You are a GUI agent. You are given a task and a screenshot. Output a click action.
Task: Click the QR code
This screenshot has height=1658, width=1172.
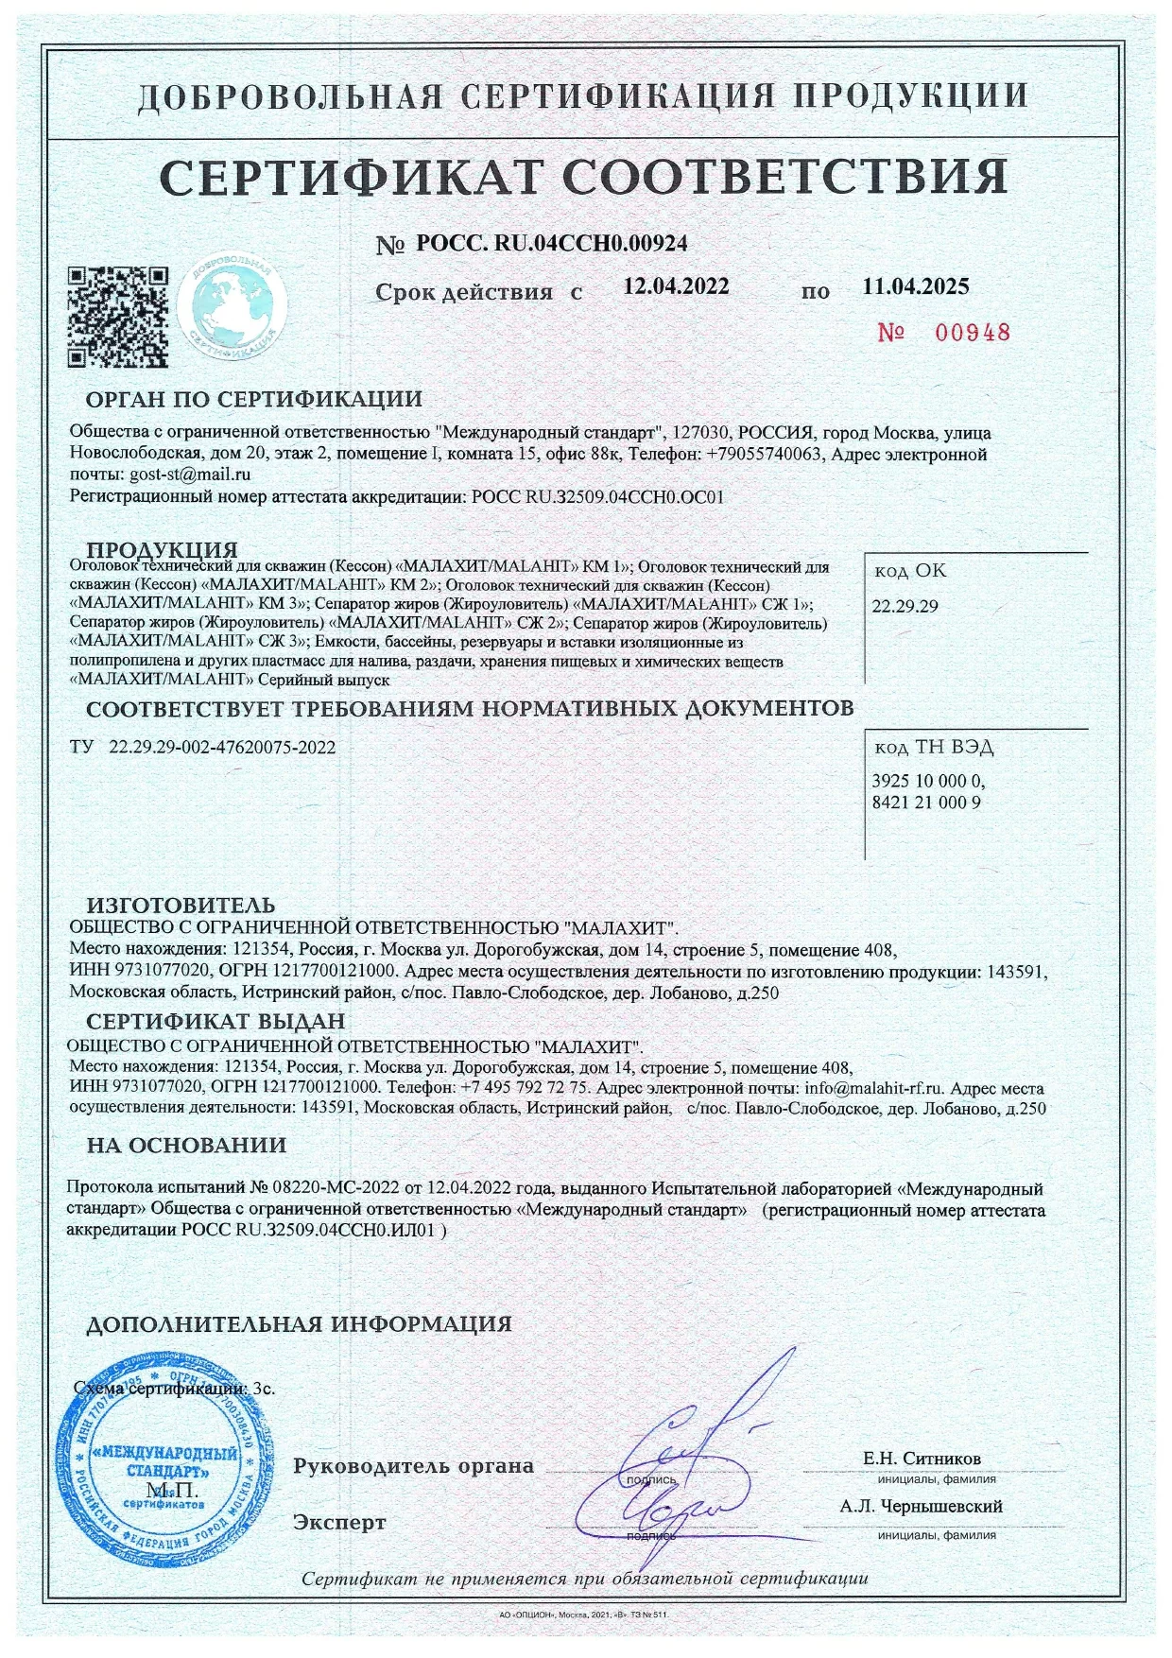click(x=118, y=317)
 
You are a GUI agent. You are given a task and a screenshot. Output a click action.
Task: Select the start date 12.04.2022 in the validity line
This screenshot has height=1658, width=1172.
click(x=676, y=286)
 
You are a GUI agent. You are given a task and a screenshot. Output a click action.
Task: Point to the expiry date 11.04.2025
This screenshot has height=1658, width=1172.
click(x=915, y=286)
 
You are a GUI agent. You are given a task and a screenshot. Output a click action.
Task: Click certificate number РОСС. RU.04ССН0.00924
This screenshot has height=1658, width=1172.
click(x=551, y=244)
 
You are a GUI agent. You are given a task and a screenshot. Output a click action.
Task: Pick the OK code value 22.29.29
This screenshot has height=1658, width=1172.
click(x=905, y=607)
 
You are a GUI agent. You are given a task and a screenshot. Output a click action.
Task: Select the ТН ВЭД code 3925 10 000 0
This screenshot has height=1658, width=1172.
click(x=927, y=782)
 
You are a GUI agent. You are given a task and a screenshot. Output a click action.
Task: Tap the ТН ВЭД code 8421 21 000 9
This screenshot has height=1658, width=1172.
click(x=925, y=803)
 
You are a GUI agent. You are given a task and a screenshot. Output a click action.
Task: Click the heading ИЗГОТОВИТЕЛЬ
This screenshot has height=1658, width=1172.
click(x=181, y=907)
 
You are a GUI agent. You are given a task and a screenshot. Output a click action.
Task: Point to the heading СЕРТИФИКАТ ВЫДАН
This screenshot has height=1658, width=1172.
click(x=215, y=1022)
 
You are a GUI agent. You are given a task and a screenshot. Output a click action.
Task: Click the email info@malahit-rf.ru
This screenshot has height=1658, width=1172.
click(x=874, y=1088)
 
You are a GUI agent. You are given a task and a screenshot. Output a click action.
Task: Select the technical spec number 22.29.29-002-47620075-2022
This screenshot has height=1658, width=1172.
click(x=222, y=748)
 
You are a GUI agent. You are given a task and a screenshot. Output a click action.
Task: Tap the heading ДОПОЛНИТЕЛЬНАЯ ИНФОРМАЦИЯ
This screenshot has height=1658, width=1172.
click(x=299, y=1324)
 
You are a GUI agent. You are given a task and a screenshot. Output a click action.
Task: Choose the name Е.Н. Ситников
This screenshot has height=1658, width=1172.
click(x=922, y=1459)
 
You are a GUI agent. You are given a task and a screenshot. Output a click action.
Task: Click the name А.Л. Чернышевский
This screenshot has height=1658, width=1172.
click(x=921, y=1506)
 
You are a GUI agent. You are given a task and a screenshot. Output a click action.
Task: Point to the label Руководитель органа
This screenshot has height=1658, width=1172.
click(x=413, y=1466)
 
